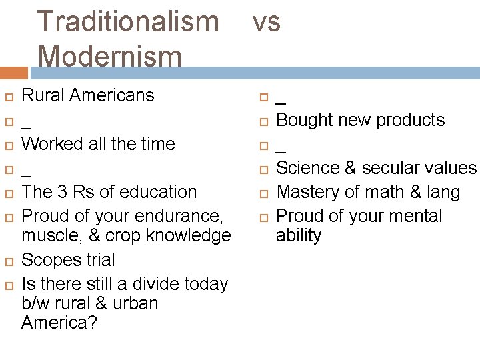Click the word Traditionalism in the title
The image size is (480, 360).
[128, 22]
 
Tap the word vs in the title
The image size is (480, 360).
[266, 22]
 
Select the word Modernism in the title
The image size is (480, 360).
[110, 56]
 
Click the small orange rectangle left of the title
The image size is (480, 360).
[14, 73]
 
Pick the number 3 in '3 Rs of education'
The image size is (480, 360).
[61, 192]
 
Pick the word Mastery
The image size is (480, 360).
[309, 192]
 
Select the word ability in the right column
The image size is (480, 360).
[299, 235]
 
